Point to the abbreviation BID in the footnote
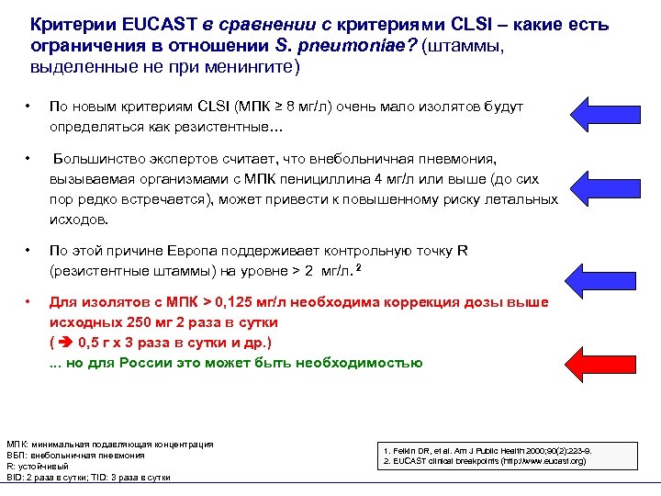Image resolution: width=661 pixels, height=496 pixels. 16,477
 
